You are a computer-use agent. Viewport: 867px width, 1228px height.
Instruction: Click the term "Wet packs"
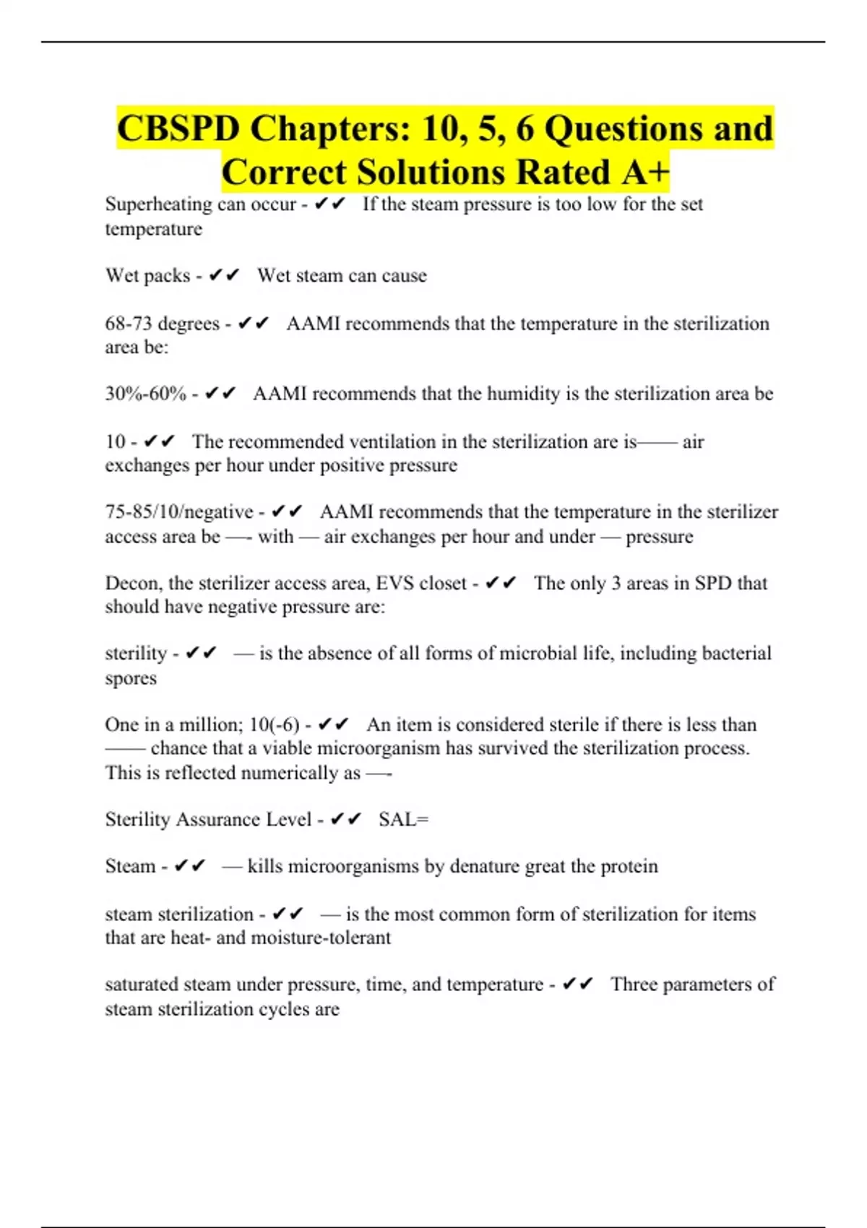click(x=147, y=276)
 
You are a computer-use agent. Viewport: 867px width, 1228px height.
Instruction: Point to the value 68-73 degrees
click(x=162, y=324)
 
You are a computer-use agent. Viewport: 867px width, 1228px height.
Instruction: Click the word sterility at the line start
click(x=136, y=654)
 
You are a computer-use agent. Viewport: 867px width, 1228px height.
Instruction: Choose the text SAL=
click(x=403, y=820)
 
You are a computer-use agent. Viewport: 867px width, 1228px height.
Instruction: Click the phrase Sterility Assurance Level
click(x=208, y=820)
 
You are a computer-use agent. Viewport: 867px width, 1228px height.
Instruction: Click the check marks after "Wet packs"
click(x=223, y=276)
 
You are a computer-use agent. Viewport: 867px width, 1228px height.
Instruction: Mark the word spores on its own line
click(x=131, y=678)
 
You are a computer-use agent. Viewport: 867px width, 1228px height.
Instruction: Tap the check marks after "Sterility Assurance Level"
click(x=345, y=820)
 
